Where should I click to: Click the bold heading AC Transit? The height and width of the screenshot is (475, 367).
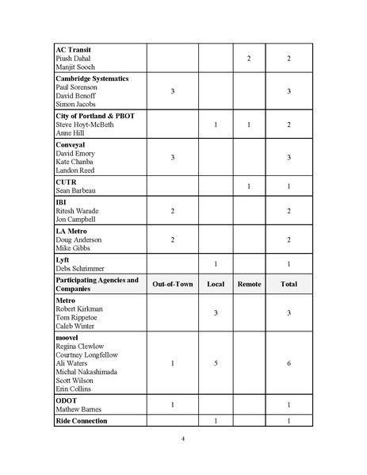[73, 49]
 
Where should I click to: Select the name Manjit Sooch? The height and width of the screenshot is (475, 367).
[75, 67]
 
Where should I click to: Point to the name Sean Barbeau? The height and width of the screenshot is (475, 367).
[77, 191]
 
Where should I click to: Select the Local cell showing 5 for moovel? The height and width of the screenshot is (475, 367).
[216, 363]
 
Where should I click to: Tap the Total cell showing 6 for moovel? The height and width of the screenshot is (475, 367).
[288, 363]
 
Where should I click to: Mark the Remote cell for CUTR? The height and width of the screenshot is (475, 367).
[249, 186]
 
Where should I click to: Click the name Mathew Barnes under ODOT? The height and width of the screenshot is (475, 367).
[80, 410]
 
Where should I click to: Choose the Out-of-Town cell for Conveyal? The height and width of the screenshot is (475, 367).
[173, 158]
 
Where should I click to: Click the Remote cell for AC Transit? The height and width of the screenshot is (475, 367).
[249, 59]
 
